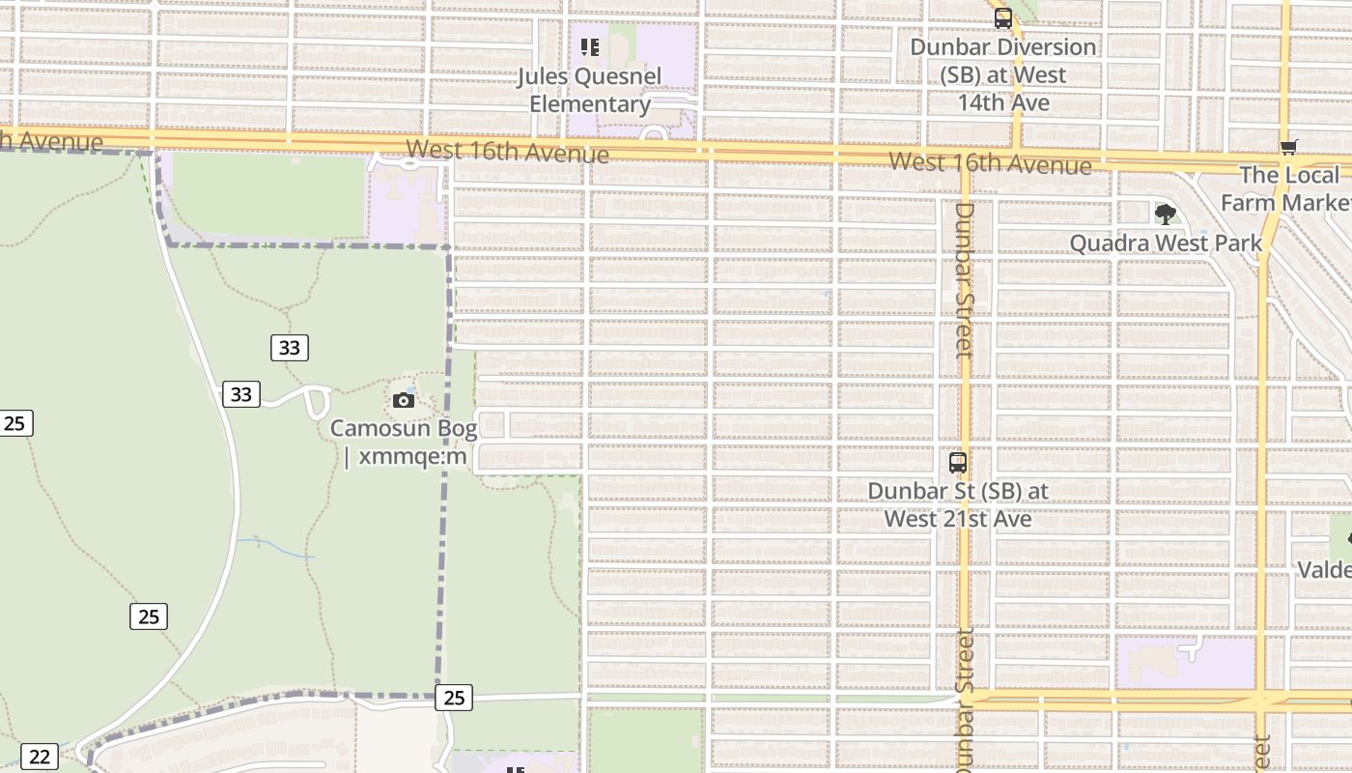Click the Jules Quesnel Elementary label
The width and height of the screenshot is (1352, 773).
point(589,90)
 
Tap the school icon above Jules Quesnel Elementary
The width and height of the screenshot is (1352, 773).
point(590,47)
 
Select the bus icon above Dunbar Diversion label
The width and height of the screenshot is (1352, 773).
point(1003,17)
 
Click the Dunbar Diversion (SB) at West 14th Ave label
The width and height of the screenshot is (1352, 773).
point(1003,74)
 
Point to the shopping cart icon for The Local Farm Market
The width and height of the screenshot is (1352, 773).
point(1288,147)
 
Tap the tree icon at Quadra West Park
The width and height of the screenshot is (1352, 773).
point(1166,214)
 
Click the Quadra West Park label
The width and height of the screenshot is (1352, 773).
point(1166,243)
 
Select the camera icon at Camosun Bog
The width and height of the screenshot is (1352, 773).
point(404,400)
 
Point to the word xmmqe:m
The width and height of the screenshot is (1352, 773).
point(412,456)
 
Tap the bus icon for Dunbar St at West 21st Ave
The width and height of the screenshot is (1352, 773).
point(958,462)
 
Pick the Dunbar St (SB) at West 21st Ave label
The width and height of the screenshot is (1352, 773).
point(958,504)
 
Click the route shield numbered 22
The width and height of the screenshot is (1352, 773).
point(39,757)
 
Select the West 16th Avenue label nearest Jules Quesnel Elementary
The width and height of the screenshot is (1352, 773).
point(507,152)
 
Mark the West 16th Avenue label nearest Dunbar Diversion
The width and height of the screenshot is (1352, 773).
point(990,162)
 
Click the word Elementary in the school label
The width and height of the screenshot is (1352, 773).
point(589,104)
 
